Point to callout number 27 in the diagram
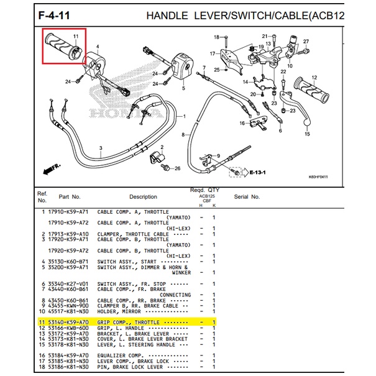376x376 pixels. click(306, 41)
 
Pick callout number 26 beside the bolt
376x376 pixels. click(177, 168)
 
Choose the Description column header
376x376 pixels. click(143, 197)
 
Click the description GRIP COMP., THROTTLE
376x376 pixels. click(129, 323)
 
